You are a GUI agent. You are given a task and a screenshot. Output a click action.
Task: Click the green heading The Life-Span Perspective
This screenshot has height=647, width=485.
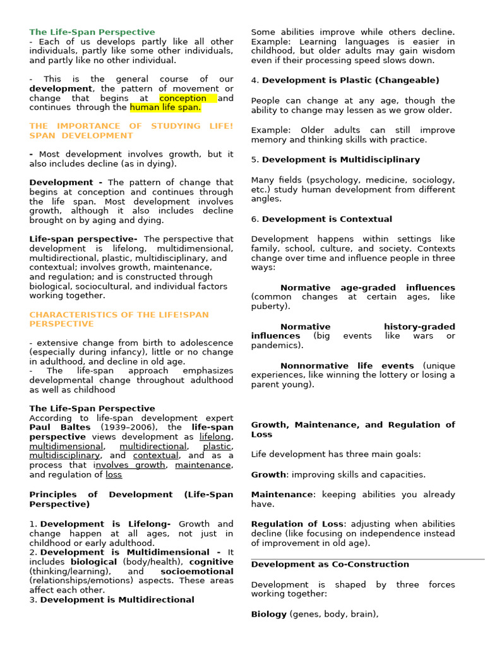coord(92,32)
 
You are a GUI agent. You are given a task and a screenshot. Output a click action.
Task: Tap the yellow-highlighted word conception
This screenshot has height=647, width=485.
coord(183,98)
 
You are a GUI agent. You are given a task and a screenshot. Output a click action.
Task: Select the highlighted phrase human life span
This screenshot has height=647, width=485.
coord(165,107)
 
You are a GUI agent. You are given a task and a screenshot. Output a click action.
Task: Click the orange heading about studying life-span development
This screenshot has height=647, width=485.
coord(131,131)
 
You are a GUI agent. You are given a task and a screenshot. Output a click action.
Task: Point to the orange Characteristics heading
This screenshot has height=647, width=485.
coord(119,319)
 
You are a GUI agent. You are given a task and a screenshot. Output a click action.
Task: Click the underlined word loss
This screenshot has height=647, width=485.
coord(114,475)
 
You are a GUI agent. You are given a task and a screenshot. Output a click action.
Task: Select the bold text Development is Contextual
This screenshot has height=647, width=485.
coord(326,219)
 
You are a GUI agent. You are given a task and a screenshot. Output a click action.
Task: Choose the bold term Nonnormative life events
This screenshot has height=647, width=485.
coord(347,366)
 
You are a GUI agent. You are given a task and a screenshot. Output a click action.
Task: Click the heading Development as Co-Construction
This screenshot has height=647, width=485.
coord(330,564)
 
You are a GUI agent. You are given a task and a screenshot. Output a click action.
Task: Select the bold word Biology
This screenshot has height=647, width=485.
coord(268,614)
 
